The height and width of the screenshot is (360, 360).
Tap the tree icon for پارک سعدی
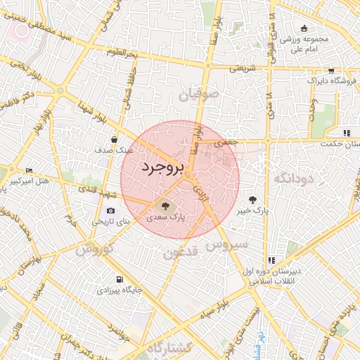tap(165, 206)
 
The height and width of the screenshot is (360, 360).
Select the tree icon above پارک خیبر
tap(252, 200)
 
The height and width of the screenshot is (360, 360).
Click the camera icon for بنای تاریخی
tap(110, 210)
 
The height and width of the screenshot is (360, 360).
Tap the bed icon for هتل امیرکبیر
tap(29, 171)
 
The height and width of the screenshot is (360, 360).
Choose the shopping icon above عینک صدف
tap(114, 140)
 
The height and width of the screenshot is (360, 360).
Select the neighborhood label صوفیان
tap(200, 93)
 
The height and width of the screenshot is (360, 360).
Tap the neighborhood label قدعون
tap(182, 252)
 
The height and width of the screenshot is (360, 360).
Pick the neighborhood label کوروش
tap(94, 250)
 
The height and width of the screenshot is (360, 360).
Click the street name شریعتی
tap(236, 68)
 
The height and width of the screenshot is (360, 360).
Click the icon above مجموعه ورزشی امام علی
tap(304, 29)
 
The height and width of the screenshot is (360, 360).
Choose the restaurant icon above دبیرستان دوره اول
tap(272, 260)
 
